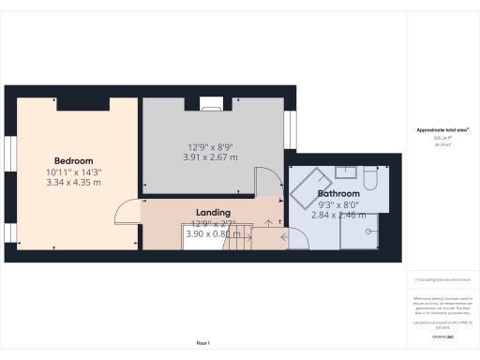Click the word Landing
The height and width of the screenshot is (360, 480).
coord(213,213)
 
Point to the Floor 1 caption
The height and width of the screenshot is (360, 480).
coord(203,343)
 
